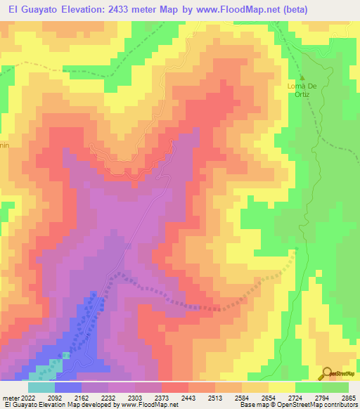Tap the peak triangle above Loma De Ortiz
point(302,78)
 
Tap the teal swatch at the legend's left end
point(41,387)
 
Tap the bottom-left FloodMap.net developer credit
point(91,405)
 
